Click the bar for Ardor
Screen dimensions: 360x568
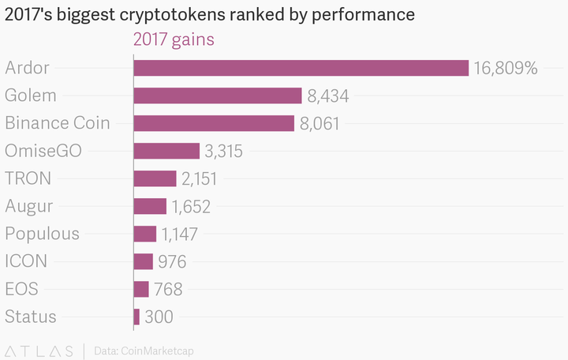point(301,68)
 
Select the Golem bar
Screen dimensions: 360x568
point(218,96)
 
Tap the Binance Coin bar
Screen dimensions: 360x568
point(214,123)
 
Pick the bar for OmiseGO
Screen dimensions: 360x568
point(166,151)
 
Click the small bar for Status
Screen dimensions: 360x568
point(136,317)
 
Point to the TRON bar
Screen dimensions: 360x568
point(155,178)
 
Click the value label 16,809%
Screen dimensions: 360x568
point(506,68)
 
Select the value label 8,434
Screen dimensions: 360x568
point(328,96)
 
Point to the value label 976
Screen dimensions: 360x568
point(172,261)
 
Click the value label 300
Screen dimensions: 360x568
point(159,317)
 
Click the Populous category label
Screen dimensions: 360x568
point(42,234)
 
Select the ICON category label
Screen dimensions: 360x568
point(26,261)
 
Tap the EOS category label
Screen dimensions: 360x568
point(21,289)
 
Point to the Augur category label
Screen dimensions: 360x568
point(29,206)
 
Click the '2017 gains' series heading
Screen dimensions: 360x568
point(174,39)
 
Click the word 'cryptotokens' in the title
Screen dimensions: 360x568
point(190,15)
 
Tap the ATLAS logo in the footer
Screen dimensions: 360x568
point(39,350)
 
